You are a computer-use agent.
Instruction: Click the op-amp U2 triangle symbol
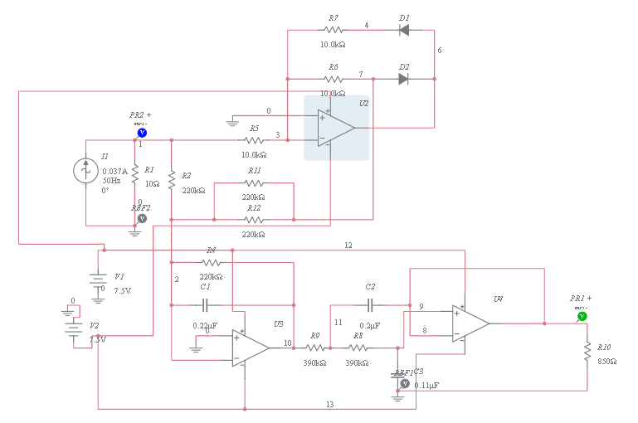[335, 129]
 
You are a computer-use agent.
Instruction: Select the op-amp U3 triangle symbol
[251, 348]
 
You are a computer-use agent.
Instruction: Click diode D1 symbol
[404, 31]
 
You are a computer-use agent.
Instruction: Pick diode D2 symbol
[404, 79]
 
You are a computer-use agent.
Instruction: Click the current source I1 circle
[85, 171]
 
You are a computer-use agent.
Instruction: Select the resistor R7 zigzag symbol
[333, 31]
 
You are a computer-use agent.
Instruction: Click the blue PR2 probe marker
[142, 132]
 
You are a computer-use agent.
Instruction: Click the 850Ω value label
[607, 362]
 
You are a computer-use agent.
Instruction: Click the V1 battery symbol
[98, 280]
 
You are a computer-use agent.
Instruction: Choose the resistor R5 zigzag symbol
[254, 140]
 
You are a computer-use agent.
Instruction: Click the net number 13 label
[329, 404]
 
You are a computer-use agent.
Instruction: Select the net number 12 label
[348, 246]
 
